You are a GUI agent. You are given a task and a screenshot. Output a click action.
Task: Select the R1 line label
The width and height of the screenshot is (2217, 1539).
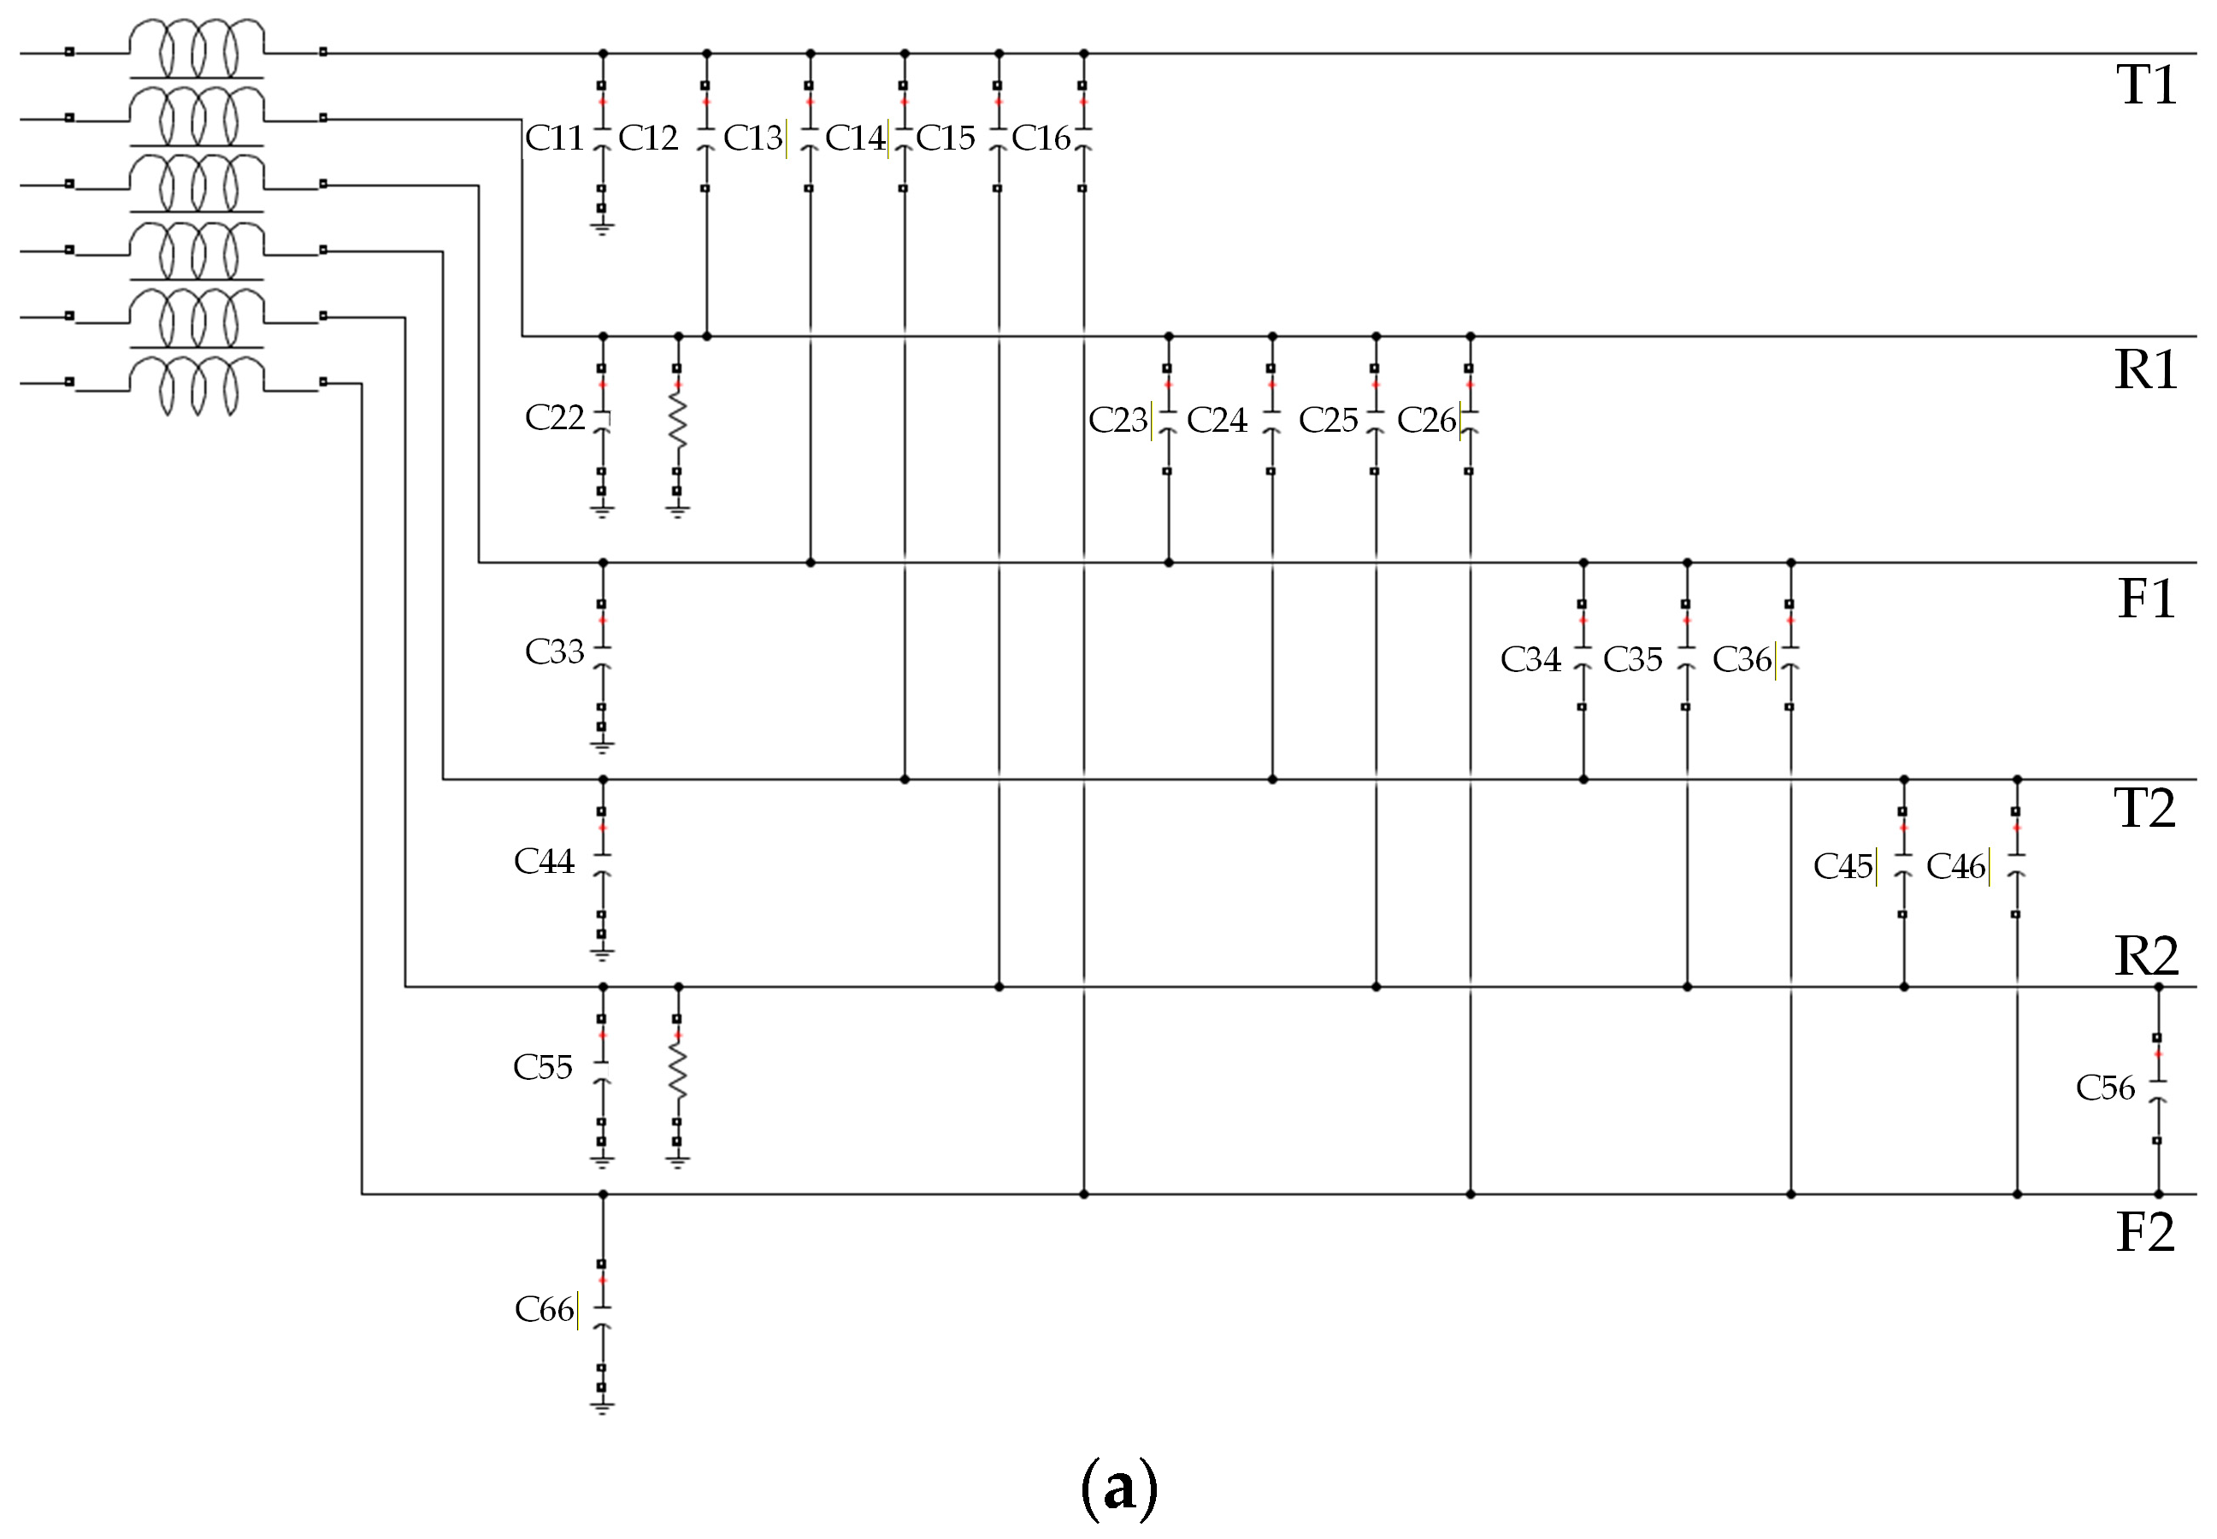pos(2146,369)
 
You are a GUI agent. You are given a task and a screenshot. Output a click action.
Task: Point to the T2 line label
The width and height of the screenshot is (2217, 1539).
pos(2143,808)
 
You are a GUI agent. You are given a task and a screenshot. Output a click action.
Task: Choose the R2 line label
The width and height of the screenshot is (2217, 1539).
pos(2146,956)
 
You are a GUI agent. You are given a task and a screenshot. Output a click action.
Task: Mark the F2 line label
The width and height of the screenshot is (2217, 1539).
pos(2144,1232)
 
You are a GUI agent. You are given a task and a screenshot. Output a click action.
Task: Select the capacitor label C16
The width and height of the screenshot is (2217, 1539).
pos(1041,139)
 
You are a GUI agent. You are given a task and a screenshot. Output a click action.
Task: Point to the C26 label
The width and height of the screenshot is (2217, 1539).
pos(1426,421)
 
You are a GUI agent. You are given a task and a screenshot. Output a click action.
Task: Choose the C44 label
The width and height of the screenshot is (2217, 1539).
pos(544,861)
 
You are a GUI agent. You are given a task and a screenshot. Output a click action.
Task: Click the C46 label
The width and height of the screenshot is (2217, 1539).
pos(1955,867)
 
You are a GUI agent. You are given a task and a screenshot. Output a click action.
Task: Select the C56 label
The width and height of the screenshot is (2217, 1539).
pos(2105,1088)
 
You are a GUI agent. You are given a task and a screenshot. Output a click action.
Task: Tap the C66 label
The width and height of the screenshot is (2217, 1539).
pos(545,1310)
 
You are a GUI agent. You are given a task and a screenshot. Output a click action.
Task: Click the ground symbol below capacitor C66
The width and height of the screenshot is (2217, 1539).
pos(602,1409)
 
